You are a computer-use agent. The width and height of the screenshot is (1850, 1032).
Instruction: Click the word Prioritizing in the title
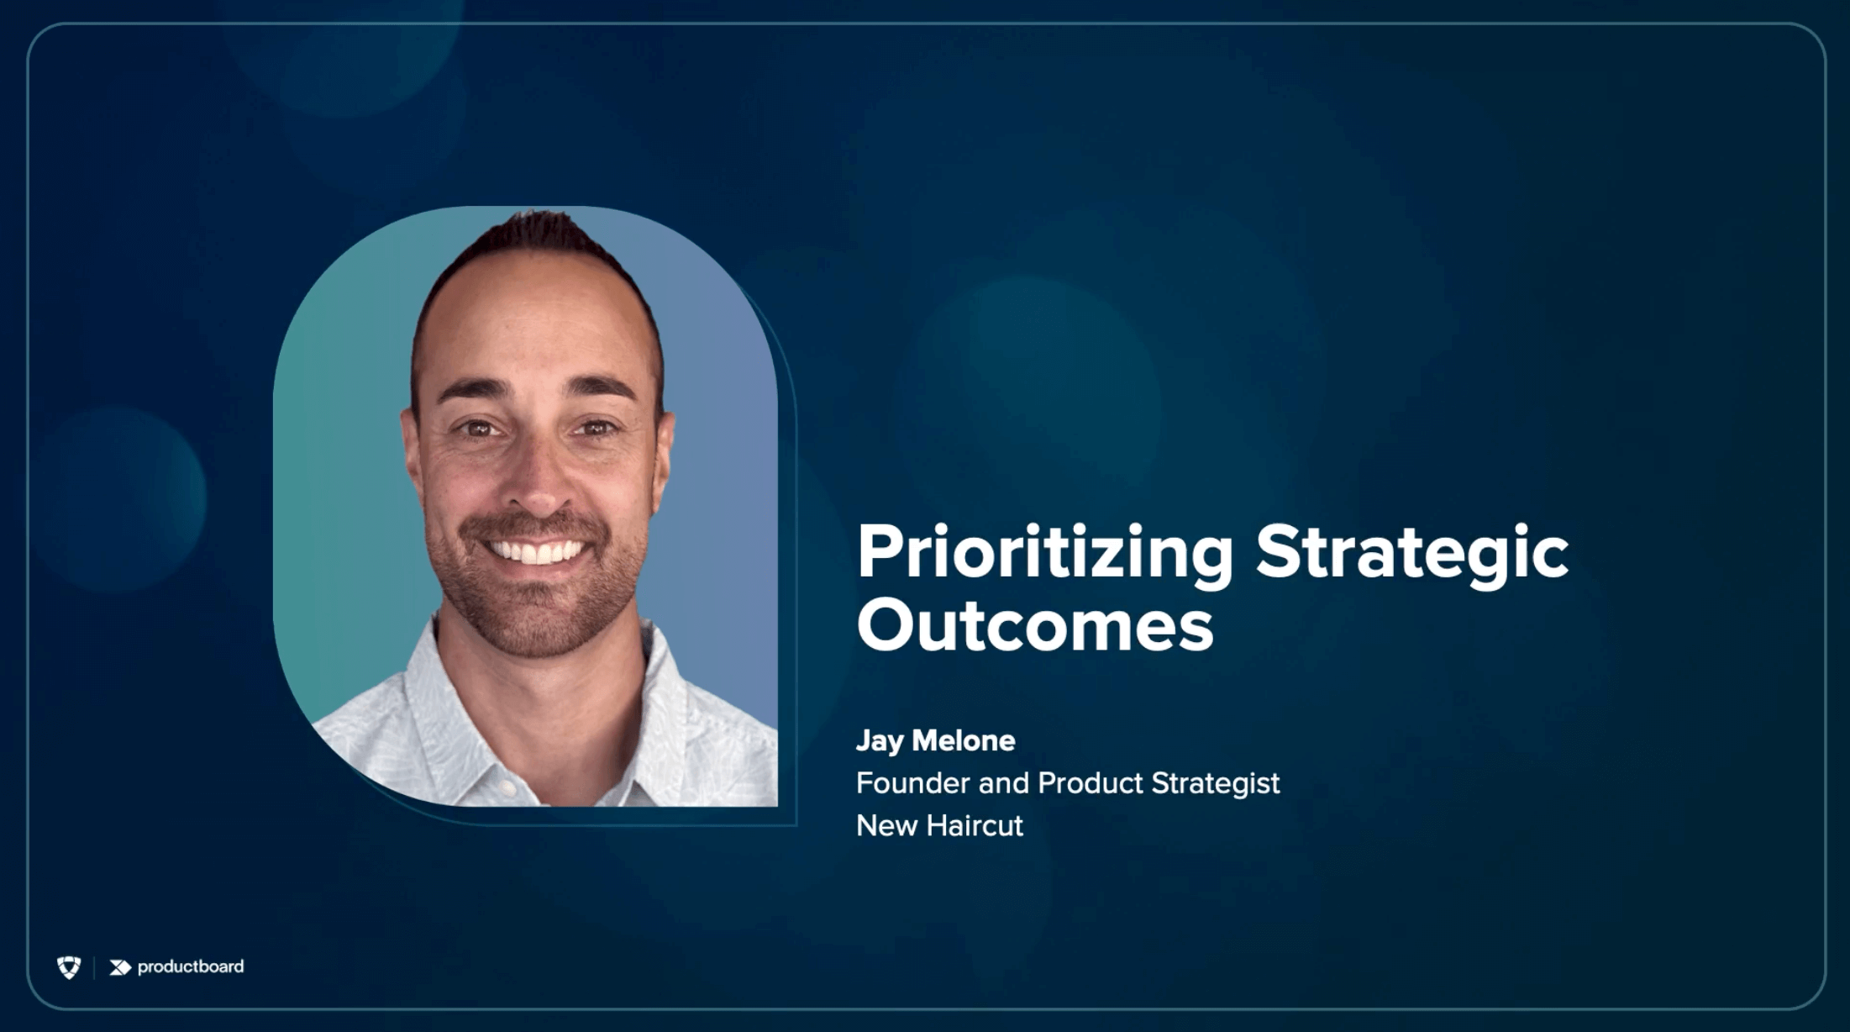(x=1045, y=554)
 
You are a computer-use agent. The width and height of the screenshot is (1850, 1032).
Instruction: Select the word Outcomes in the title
(x=1035, y=625)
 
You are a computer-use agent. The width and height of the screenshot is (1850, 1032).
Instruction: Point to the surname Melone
(x=964, y=740)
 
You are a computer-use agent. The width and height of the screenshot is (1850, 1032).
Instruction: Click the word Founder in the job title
(x=913, y=783)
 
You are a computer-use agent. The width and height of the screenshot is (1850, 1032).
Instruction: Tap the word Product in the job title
(x=1091, y=783)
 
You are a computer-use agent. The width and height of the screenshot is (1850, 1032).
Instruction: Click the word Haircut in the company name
(x=975, y=826)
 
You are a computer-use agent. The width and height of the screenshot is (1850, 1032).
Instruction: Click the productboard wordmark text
(x=191, y=966)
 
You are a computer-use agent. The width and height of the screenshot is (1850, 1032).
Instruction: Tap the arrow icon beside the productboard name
(x=120, y=968)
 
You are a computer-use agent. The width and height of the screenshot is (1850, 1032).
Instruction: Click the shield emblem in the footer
(x=69, y=967)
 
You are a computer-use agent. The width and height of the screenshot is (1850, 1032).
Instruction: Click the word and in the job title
(x=1004, y=783)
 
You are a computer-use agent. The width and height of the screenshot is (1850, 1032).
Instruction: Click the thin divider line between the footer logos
(x=94, y=968)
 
